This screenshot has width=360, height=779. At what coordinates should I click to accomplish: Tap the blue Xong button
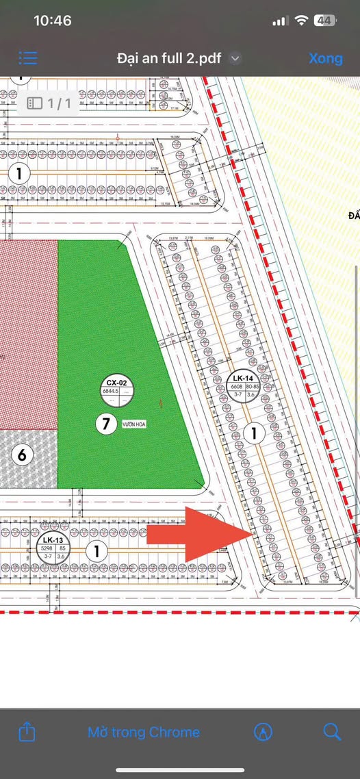pyautogui.click(x=325, y=58)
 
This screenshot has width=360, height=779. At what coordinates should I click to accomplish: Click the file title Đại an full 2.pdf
pyautogui.click(x=169, y=58)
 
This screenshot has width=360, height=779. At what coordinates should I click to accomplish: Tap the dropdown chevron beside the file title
pyautogui.click(x=235, y=59)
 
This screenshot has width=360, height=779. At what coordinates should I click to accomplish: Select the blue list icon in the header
pyautogui.click(x=29, y=58)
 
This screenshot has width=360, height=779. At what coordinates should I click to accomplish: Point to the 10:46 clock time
pyautogui.click(x=52, y=21)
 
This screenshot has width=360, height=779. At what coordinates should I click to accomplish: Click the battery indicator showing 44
pyautogui.click(x=324, y=21)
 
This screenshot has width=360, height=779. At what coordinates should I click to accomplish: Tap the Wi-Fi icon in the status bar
pyautogui.click(x=301, y=21)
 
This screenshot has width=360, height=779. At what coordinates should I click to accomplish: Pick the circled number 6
pyautogui.click(x=22, y=455)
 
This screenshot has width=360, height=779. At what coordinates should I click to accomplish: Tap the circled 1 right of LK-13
pyautogui.click(x=97, y=550)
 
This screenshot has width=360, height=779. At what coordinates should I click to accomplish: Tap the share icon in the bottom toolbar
pyautogui.click(x=27, y=732)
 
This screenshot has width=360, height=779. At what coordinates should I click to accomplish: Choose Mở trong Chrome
pyautogui.click(x=144, y=732)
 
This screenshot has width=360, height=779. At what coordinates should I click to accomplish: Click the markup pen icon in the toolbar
pyautogui.click(x=261, y=732)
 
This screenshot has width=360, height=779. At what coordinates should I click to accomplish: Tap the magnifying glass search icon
pyautogui.click(x=332, y=732)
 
